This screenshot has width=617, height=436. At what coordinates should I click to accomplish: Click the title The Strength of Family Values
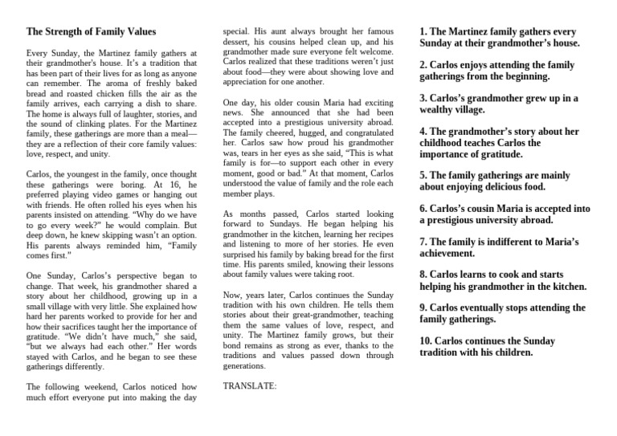tap(90, 32)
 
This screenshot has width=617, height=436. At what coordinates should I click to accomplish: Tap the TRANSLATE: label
tap(249, 385)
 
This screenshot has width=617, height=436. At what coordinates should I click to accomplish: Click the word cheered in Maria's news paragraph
tap(275, 133)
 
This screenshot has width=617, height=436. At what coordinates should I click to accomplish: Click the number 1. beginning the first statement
tap(424, 31)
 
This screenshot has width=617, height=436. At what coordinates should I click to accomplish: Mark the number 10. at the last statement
tap(427, 340)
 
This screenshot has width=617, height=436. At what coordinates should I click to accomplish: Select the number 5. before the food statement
tap(424, 174)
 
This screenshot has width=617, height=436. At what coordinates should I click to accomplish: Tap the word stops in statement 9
tap(535, 308)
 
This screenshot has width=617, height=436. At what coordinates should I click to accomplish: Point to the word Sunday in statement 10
tap(535, 340)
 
